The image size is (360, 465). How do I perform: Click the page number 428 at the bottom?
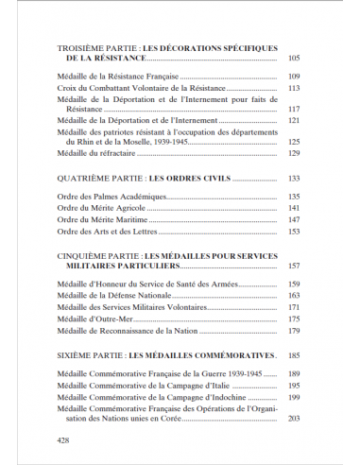tap(63, 440)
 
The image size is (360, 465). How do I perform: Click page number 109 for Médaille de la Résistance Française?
tap(293, 77)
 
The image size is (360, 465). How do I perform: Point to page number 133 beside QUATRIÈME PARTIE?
tap(293, 179)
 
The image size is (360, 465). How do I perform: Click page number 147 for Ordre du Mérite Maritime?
tap(293, 219)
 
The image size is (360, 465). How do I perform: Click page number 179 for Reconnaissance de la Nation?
tap(293, 331)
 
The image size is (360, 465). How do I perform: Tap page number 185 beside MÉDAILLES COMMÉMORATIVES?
tap(293, 356)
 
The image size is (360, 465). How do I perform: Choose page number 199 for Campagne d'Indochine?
tap(293, 397)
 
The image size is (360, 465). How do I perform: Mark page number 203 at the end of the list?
tap(293, 419)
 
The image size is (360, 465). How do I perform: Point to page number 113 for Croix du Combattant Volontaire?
tap(293, 88)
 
